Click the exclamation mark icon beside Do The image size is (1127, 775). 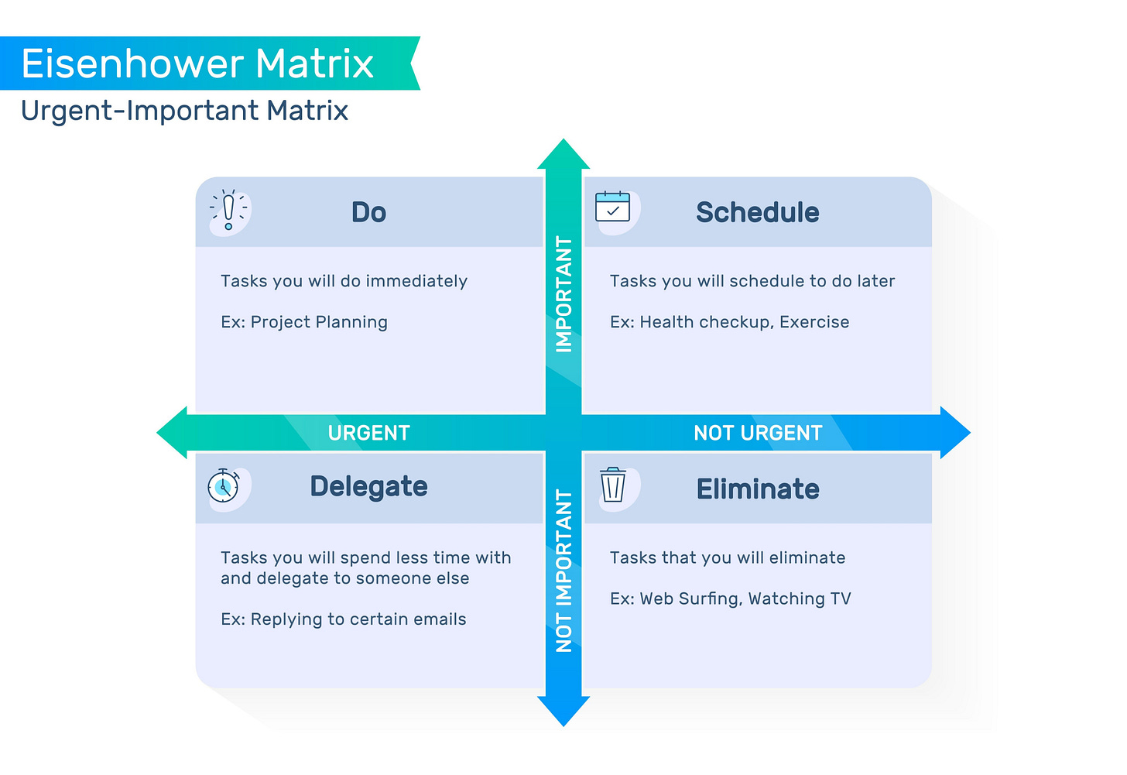pos(228,210)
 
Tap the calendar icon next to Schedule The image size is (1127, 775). pos(612,207)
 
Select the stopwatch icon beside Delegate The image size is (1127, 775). pos(224,486)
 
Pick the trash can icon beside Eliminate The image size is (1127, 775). pos(613,485)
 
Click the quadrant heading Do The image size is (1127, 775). pos(368,212)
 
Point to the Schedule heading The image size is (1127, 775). pos(757,212)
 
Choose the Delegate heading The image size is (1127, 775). pos(368,486)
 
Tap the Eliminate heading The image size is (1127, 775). pos(758,489)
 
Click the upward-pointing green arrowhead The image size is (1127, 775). pos(563,155)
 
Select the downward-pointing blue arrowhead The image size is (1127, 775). pos(563,711)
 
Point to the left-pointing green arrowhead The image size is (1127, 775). pos(173,433)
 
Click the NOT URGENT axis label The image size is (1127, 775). pos(758,433)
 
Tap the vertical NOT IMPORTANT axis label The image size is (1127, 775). pos(564,571)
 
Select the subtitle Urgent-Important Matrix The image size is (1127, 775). pos(184,111)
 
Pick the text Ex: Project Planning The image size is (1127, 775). pos(304,322)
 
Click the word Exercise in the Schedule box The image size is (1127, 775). pos(814,322)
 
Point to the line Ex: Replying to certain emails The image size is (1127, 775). pos(344,619)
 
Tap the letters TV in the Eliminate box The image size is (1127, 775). pos(841,598)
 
